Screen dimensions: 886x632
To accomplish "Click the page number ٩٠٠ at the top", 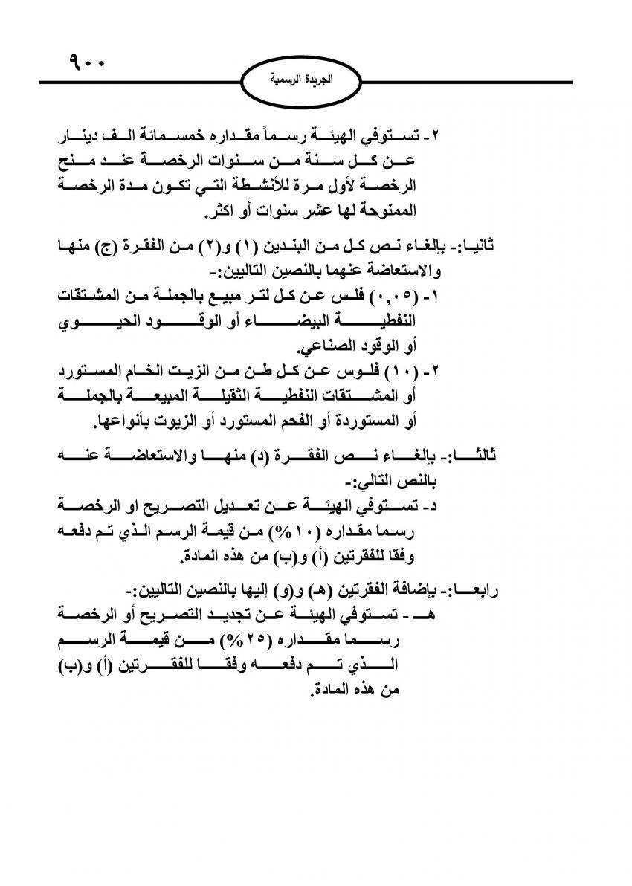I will point(87,57).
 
